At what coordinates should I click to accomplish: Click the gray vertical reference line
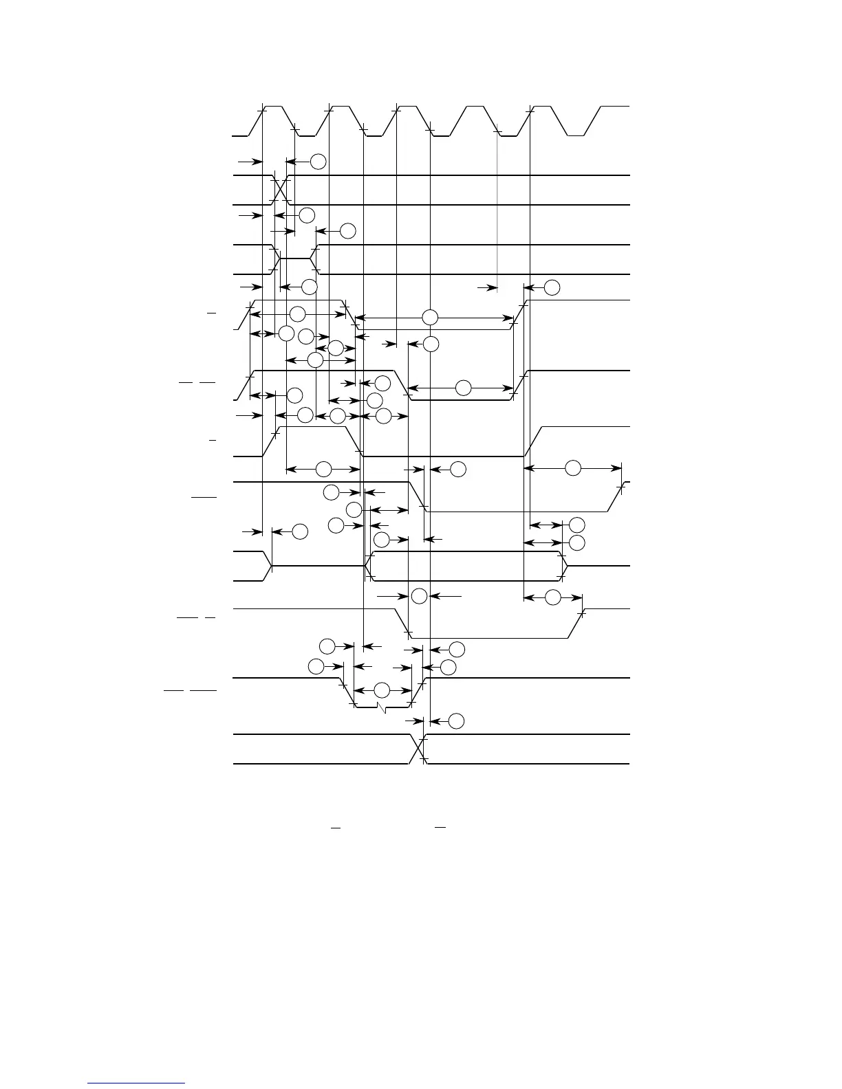(497, 206)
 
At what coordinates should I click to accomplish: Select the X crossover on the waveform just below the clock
(281, 190)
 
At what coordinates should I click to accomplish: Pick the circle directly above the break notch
(382, 690)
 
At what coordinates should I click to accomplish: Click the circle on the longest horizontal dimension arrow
(430, 318)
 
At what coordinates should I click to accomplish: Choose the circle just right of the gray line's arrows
(552, 287)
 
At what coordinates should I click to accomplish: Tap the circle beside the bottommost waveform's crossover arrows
(456, 721)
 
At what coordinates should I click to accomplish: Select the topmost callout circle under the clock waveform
(318, 162)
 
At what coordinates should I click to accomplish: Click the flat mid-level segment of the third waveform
(296, 258)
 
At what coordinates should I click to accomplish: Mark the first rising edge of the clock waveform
(256, 122)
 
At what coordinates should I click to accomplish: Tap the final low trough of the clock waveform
(576, 136)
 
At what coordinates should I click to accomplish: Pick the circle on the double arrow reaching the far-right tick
(572, 468)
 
